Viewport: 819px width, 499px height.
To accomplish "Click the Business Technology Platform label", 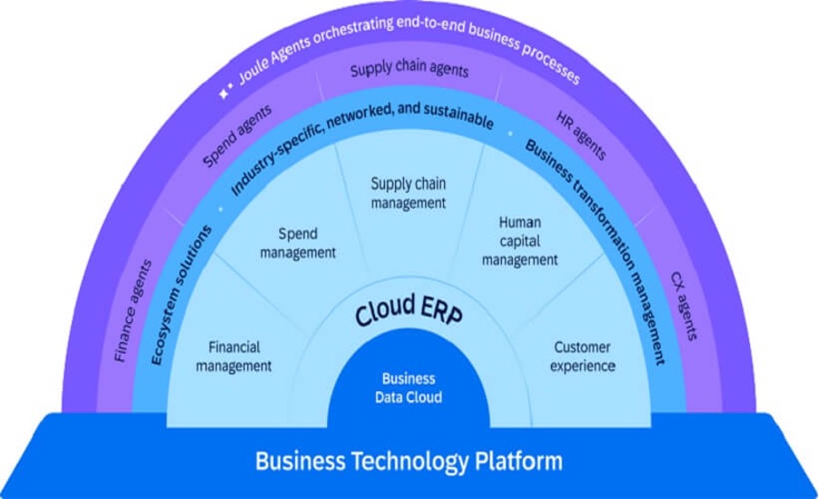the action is pos(409,461).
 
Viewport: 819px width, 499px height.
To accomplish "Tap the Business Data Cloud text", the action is pos(409,387).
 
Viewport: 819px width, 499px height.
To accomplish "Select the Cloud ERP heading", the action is pos(409,312).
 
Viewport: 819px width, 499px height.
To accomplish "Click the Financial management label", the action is pos(234,357).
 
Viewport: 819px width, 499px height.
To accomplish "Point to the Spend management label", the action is pos(298,243).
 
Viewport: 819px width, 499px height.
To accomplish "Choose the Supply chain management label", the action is pos(409,192).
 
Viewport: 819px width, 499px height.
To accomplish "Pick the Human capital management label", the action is pos(520,240).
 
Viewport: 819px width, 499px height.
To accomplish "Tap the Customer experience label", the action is pos(583,357).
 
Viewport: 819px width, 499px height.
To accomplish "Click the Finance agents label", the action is pos(132,310).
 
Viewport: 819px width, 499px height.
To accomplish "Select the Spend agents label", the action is pos(237,135).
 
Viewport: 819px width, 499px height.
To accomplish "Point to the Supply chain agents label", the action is pos(409,70).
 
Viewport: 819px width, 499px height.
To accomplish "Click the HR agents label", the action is pos(582,134).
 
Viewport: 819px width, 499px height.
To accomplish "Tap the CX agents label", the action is pos(684,306).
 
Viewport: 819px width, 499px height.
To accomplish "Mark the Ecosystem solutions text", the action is pos(180,295).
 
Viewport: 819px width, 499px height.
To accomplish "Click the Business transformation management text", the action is pos(595,251).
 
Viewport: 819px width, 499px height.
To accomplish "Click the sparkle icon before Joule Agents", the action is pos(225,92).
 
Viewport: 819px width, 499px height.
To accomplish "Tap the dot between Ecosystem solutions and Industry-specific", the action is pos(220,210).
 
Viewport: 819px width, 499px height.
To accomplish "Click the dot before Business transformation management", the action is pos(511,134).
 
